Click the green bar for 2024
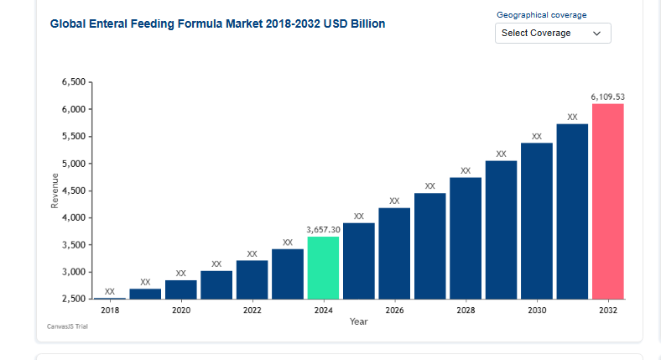point(323,268)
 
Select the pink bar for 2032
point(608,201)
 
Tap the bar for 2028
point(466,238)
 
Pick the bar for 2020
point(180,290)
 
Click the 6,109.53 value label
point(608,97)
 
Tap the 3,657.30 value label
point(323,229)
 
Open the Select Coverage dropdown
point(553,33)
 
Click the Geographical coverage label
point(542,15)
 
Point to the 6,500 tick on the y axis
point(74,82)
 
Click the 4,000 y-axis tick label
point(74,218)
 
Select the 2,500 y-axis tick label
point(74,299)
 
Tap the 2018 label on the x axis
point(110,310)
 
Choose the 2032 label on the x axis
point(608,310)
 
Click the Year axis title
point(359,321)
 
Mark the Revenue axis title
point(55,190)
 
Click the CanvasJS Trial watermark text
point(68,326)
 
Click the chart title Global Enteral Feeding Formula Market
point(218,24)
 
